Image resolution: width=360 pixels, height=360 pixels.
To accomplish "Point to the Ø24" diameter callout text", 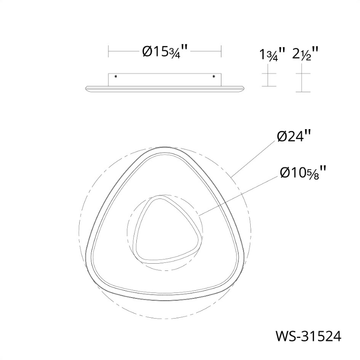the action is tap(294, 137).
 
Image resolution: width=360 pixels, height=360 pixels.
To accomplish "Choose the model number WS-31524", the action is tap(308, 337).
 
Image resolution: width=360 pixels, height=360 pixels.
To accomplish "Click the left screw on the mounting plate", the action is tap(116, 76).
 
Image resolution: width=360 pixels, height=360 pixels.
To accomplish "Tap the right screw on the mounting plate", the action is tap(214, 76).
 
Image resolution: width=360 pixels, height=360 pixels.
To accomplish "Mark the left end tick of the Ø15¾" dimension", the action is tap(108, 51).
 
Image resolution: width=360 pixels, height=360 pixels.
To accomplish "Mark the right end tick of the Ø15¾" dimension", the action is tap(221, 51).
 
